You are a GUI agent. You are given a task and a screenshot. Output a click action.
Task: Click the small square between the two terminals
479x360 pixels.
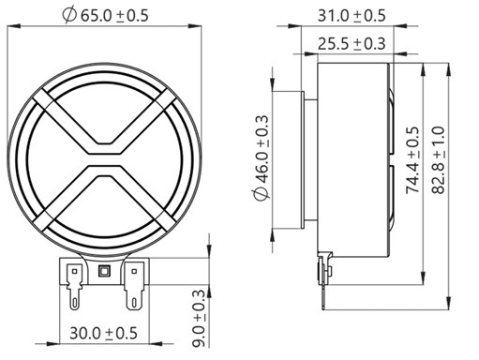click(103, 272)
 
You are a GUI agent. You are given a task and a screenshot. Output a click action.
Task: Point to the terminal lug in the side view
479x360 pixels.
click(325, 271)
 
